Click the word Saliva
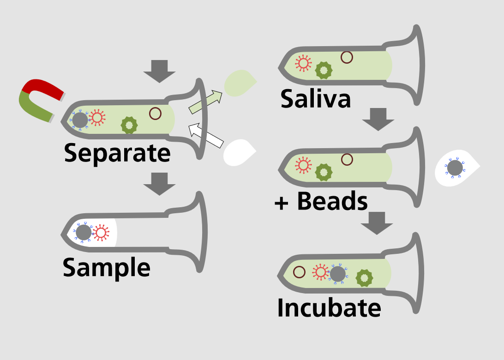point(316,99)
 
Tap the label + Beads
point(321,202)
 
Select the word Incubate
point(329,308)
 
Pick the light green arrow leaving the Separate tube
point(205,102)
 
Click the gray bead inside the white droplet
point(455,168)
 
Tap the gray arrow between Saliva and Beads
point(378,120)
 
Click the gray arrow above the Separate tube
point(159,71)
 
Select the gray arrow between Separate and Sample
point(159,184)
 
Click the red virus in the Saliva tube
point(303,63)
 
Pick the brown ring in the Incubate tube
point(300,272)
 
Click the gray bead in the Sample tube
point(84,233)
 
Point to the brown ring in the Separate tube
point(155,113)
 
